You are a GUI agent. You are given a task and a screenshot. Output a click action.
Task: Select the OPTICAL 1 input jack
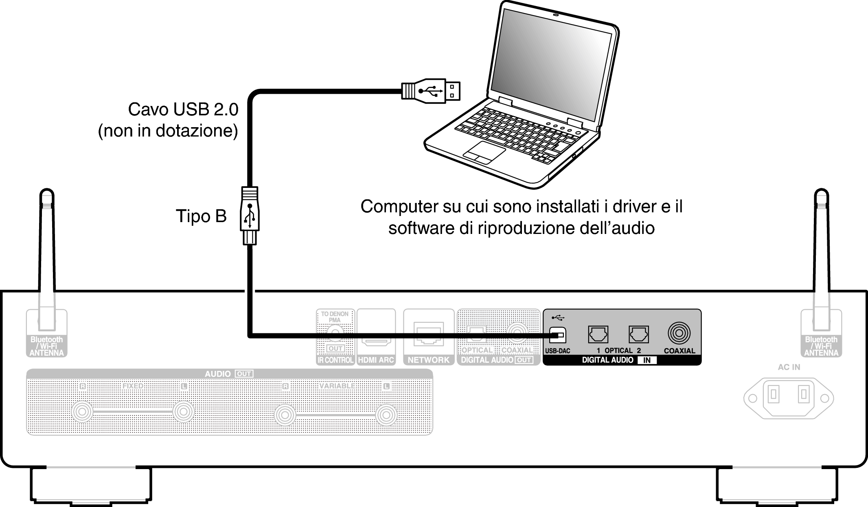click(x=598, y=335)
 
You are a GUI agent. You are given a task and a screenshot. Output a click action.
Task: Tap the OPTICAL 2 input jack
click(x=639, y=335)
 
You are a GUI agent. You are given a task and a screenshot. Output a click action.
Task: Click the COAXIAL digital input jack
click(x=679, y=333)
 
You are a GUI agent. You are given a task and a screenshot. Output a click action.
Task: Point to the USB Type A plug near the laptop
click(x=432, y=90)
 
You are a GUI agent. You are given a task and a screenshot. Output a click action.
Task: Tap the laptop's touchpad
click(x=484, y=152)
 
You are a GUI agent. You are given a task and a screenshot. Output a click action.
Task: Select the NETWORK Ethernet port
click(x=428, y=334)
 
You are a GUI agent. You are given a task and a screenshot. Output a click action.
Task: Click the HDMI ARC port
click(x=376, y=335)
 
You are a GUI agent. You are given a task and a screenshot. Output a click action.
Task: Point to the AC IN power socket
click(x=788, y=398)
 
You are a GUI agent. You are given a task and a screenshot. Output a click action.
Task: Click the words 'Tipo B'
click(x=201, y=216)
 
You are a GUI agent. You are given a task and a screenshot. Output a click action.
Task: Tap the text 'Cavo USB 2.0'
click(x=183, y=109)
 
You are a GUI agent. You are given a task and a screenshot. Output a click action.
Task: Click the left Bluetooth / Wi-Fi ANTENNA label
click(x=46, y=346)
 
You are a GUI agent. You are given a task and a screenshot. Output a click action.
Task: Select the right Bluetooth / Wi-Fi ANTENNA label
click(x=821, y=346)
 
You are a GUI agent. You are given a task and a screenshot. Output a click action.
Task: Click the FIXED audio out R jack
click(x=82, y=412)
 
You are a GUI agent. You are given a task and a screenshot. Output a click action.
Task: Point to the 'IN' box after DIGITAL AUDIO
click(x=647, y=360)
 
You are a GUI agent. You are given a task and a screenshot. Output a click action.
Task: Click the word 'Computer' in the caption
click(x=399, y=207)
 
